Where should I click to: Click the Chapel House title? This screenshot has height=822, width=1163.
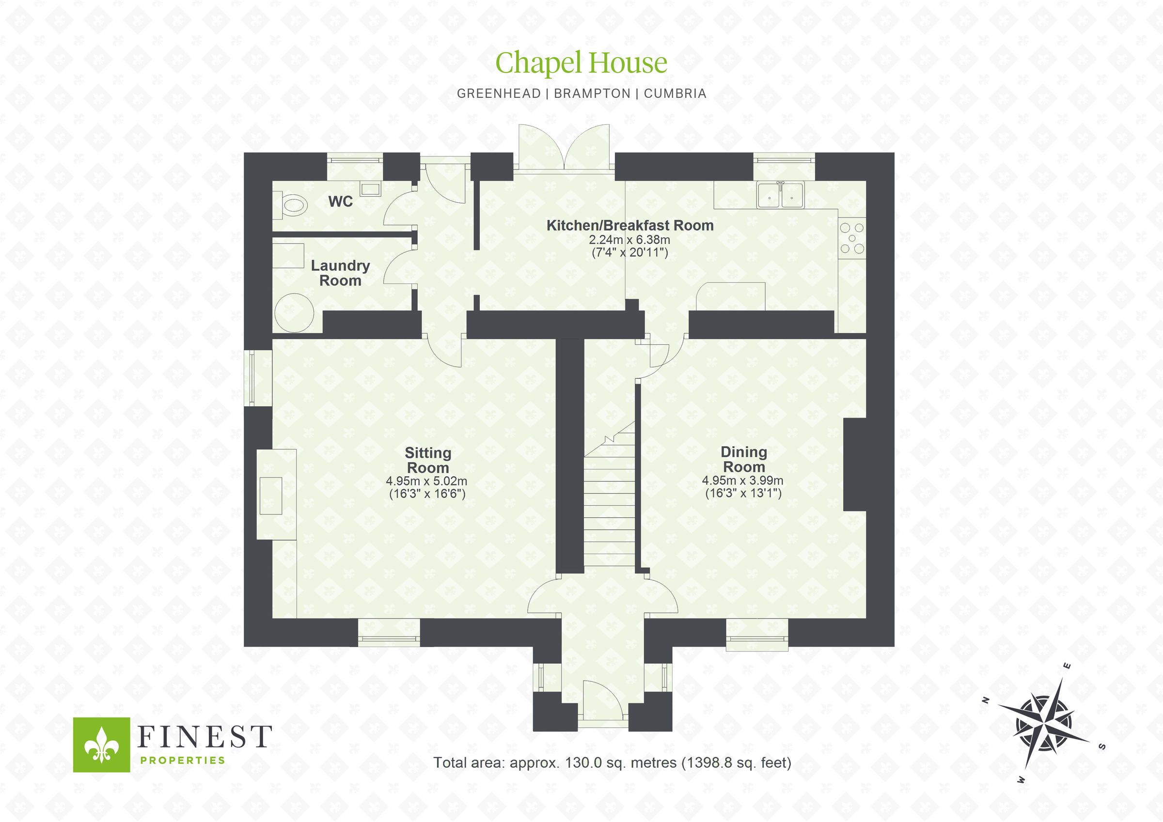[x=581, y=63]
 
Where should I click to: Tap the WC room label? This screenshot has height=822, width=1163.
[x=340, y=202]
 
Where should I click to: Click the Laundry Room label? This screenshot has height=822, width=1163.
[x=340, y=273]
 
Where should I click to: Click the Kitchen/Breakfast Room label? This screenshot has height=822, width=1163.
[x=629, y=225]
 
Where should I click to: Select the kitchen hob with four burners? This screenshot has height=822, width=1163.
[x=852, y=238]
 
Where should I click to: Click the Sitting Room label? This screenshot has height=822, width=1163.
[x=427, y=460]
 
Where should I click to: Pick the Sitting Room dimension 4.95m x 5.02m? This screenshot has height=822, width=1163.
[x=426, y=481]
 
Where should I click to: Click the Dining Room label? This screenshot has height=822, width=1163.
[x=743, y=459]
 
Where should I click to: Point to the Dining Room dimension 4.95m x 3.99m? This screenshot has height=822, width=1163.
[x=742, y=480]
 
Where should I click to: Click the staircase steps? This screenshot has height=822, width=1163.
[x=609, y=507]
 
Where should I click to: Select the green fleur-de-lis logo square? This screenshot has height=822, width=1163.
[x=101, y=744]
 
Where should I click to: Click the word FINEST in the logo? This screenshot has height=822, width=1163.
[x=204, y=737]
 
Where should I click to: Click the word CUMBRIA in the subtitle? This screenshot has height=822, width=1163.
[x=675, y=93]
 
